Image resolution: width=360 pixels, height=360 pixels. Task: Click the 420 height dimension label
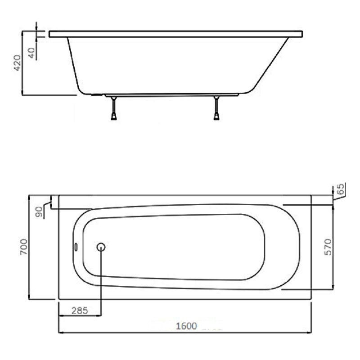point(18,63)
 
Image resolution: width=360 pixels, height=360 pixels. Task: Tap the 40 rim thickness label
point(31,53)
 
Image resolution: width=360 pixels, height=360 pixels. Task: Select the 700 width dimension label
point(24,247)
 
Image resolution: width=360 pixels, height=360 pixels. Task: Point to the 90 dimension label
point(39,212)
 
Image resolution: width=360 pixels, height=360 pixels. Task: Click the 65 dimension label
point(342,189)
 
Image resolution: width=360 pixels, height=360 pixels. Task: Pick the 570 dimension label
point(328,247)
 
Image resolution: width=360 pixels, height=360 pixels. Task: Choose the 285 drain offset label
point(80,310)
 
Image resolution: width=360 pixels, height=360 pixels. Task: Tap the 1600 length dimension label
point(186,326)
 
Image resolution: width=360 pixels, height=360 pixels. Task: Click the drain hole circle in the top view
point(101,247)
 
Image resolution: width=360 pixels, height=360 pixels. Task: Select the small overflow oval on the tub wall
point(76,247)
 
